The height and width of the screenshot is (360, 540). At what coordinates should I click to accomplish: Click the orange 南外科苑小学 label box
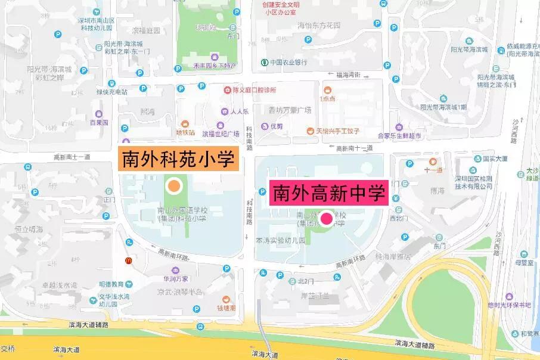coord(179,160)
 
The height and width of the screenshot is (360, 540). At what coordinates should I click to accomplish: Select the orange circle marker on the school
coord(174,186)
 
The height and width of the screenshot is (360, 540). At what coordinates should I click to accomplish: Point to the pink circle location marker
coord(327,219)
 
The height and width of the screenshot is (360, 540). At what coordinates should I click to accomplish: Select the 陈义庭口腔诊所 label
coord(255,91)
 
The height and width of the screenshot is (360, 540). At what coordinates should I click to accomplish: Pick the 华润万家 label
coord(176,278)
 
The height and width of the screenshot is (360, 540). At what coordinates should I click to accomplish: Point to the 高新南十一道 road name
coord(72,157)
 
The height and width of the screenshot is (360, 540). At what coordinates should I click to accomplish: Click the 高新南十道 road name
coord(354,148)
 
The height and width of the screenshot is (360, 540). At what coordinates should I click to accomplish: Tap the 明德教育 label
coord(111,284)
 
